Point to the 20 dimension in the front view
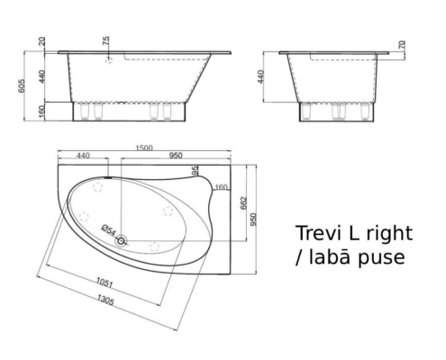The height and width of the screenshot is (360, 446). coord(41,43)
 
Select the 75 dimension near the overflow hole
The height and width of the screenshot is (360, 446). coord(106,41)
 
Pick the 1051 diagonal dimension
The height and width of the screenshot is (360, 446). coord(106,282)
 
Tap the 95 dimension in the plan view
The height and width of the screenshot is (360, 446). coord(195,170)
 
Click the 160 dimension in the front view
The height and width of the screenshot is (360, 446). coord(41,111)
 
